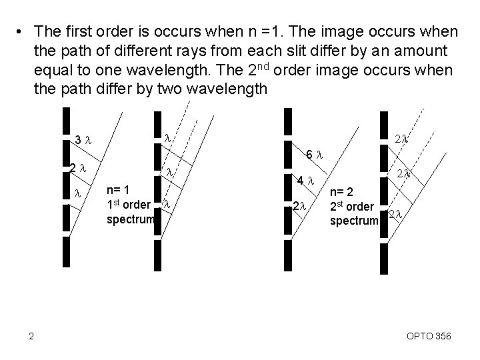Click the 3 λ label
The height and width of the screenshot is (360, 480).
[x=83, y=140]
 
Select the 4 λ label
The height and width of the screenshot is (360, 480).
[x=305, y=180]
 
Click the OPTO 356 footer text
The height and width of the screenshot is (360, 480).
[x=429, y=337]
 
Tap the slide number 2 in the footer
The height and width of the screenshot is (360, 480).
[x=31, y=336]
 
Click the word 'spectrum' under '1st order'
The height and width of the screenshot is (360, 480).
[x=130, y=219]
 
